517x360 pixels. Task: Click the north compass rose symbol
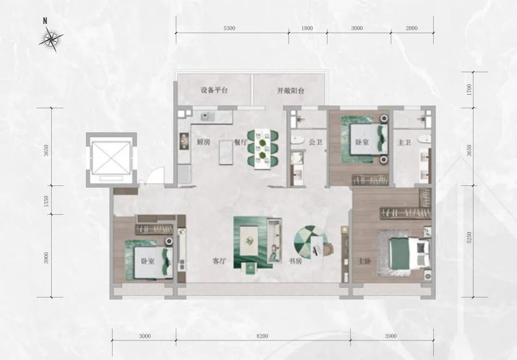coord(51,39)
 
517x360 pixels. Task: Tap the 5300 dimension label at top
coord(230,28)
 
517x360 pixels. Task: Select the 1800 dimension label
coord(307,28)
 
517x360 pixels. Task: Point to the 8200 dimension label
coord(262,336)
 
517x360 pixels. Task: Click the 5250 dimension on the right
coord(470,238)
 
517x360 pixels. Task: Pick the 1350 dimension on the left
coord(46,201)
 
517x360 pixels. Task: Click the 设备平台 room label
coord(214,90)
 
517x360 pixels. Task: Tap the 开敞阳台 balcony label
coord(290,91)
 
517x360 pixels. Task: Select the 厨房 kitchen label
coord(204,142)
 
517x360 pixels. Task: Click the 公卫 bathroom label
coord(316,142)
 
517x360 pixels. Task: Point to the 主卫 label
coord(404,142)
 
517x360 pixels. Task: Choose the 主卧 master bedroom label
coord(364,262)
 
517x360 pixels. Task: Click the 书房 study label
coord(296,262)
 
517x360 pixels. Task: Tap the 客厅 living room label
coord(219,262)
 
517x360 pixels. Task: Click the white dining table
coord(263,149)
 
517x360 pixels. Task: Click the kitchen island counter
coord(226,152)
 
